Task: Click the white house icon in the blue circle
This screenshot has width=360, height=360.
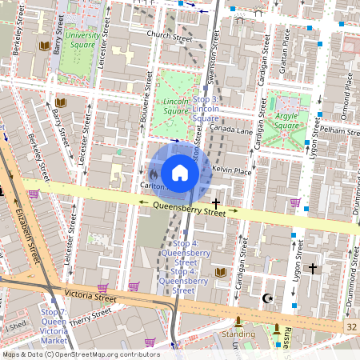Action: [x=180, y=173]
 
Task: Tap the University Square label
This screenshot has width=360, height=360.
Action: [x=83, y=40]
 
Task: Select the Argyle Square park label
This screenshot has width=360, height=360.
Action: [x=286, y=120]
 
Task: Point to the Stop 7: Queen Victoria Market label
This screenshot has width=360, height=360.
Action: [x=54, y=326]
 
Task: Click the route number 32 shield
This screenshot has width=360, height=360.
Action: [x=351, y=327]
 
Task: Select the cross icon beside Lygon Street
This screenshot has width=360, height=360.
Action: [x=313, y=269]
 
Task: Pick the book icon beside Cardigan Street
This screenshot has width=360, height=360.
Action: [x=221, y=274]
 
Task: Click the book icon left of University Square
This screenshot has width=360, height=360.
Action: [x=45, y=46]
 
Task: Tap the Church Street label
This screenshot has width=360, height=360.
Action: [x=165, y=36]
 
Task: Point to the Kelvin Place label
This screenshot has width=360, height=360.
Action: [x=233, y=171]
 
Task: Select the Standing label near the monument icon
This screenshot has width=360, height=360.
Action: [x=238, y=334]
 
